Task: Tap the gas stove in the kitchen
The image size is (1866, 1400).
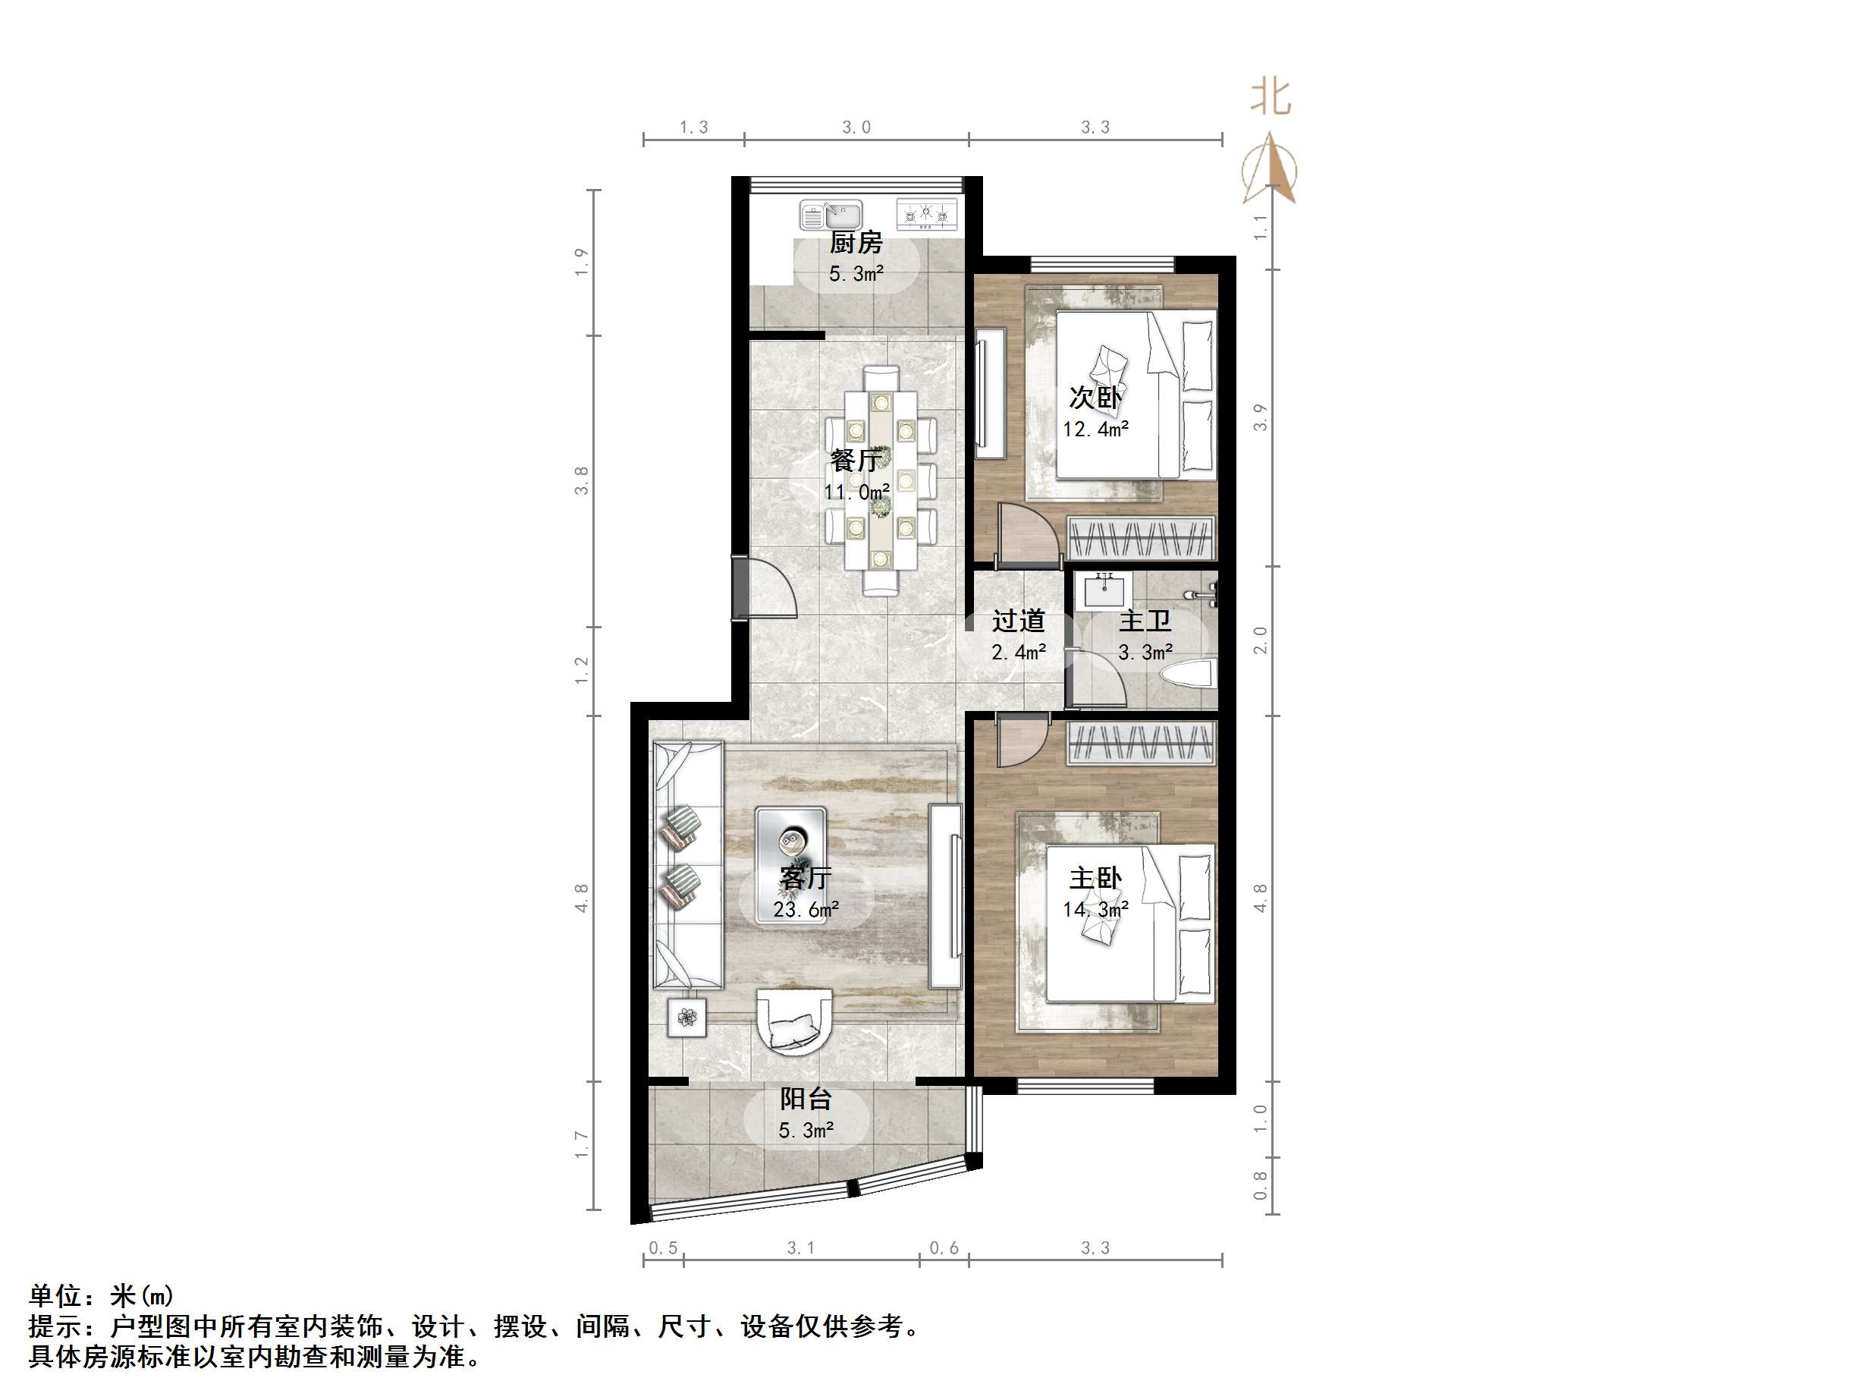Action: [927, 216]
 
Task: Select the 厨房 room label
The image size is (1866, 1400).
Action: [856, 243]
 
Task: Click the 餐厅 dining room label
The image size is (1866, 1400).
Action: [856, 461]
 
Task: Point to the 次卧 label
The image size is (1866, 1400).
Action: [1095, 398]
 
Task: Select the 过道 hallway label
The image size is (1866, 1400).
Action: [1018, 621]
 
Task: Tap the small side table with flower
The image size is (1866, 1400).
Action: [687, 1018]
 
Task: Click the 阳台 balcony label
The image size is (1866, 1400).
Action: [806, 1099]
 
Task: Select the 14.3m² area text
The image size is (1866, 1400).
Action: [1095, 910]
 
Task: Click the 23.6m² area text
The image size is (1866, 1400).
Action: [806, 910]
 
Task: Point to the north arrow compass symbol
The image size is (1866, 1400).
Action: [1270, 168]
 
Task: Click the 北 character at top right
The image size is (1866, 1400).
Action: [1271, 98]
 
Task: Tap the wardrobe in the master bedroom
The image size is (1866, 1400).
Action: [1141, 744]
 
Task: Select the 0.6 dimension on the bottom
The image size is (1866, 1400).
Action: [944, 1248]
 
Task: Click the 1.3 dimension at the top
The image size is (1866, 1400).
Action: [693, 127]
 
